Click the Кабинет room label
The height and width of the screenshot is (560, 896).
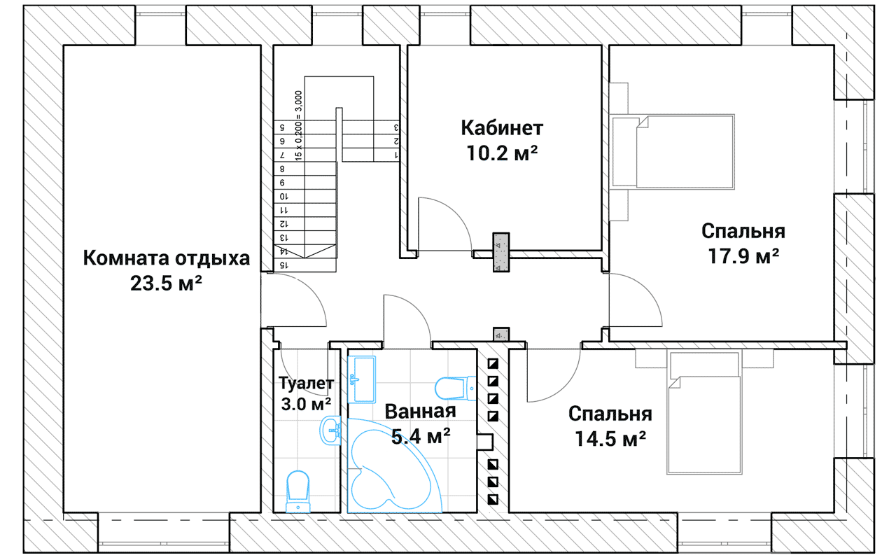click(x=502, y=128)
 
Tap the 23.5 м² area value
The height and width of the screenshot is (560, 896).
click(x=166, y=283)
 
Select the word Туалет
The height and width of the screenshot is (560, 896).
click(x=306, y=383)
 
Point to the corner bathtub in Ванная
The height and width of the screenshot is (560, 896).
click(x=394, y=466)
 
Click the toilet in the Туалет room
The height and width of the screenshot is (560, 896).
click(x=298, y=491)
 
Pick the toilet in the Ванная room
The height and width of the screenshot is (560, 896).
click(x=455, y=388)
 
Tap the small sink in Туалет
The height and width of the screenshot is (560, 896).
click(x=330, y=430)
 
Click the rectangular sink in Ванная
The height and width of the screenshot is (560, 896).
click(x=362, y=379)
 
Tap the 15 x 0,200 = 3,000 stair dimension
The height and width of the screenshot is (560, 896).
click(x=298, y=126)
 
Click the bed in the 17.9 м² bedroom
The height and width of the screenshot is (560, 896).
click(x=673, y=151)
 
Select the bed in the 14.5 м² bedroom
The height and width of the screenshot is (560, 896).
click(x=704, y=413)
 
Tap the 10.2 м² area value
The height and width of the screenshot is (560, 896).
click(x=502, y=153)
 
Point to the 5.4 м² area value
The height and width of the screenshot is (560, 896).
click(x=421, y=436)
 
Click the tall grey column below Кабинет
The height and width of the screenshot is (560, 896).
click(x=501, y=253)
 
